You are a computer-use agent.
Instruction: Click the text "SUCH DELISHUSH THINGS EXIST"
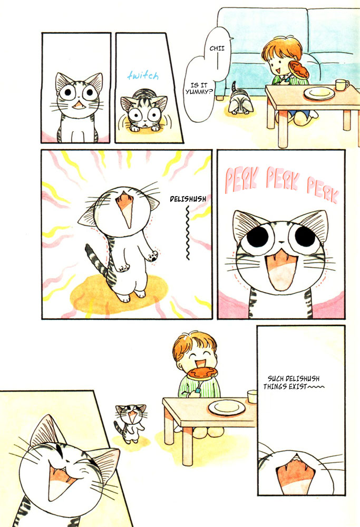[x=293, y=383]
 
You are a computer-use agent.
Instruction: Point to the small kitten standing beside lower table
[x=127, y=421]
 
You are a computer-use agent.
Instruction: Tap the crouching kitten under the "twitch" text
[x=143, y=112]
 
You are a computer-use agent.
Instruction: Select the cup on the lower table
[x=252, y=396]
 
